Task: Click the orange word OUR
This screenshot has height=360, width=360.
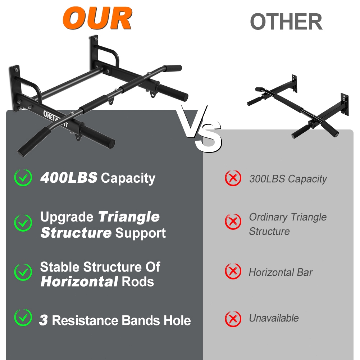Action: [97, 18]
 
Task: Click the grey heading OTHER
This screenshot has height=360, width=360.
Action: [286, 22]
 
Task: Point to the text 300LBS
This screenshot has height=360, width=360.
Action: [267, 179]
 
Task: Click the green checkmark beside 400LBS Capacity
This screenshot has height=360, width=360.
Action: [23, 177]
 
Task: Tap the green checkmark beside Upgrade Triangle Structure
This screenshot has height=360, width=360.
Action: [23, 223]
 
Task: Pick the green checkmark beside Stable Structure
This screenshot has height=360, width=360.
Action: [23, 272]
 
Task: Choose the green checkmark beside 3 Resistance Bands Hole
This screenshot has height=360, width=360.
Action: [23, 318]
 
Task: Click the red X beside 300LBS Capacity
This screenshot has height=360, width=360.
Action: [233, 178]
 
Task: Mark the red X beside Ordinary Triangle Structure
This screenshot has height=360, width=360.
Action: [233, 222]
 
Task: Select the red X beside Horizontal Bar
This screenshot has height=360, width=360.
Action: [233, 271]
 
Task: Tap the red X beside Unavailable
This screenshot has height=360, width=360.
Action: [233, 319]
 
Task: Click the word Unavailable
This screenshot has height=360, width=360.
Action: [274, 318]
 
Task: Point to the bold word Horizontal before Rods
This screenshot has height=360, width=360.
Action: [79, 282]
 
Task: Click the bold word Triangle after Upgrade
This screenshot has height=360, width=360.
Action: [129, 217]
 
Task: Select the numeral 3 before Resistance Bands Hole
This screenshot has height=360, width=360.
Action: [44, 320]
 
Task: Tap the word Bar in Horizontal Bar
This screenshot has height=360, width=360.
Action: [305, 272]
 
